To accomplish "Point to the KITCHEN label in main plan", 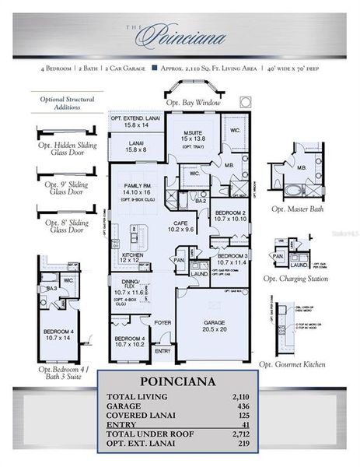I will click(x=132, y=255).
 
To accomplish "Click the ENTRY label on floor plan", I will click(x=163, y=350).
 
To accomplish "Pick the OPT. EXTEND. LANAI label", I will click(x=137, y=118).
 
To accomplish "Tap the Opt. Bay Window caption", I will click(x=193, y=103).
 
